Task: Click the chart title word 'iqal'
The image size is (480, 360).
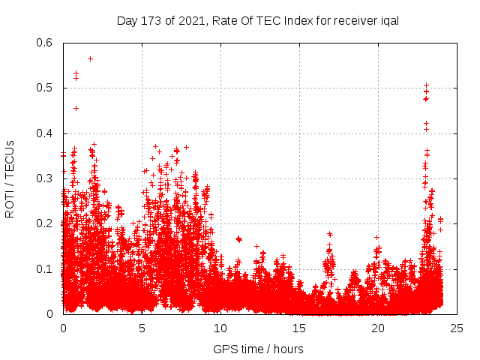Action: pyautogui.click(x=388, y=20)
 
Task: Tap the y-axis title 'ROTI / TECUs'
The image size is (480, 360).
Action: pyautogui.click(x=10, y=178)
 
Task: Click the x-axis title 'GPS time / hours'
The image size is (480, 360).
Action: pyautogui.click(x=258, y=349)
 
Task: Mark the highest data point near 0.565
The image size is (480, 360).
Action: pyautogui.click(x=90, y=58)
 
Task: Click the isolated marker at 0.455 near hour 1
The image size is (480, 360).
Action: pyautogui.click(x=76, y=108)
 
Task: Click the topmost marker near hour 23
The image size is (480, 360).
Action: pyautogui.click(x=426, y=85)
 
